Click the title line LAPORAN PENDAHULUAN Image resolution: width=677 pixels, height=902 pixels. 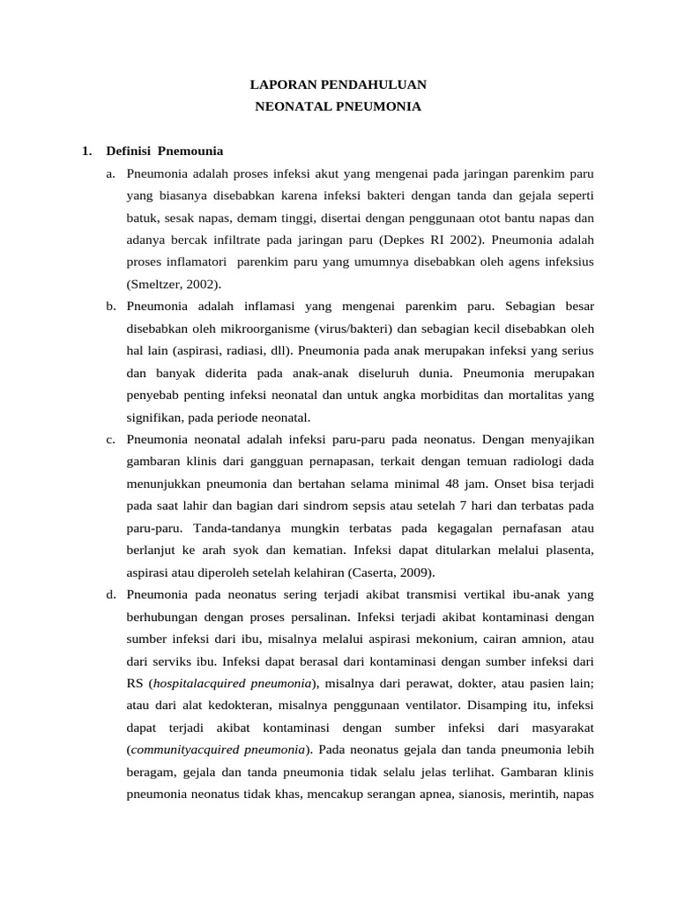(x=338, y=85)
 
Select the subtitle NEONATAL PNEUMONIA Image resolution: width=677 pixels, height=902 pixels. (x=338, y=107)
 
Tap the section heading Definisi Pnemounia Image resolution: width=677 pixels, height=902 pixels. (x=164, y=151)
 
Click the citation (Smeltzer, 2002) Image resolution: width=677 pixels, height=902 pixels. (x=175, y=284)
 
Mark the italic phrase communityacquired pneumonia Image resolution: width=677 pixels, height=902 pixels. (x=219, y=750)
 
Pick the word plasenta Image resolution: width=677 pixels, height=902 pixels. (x=569, y=550)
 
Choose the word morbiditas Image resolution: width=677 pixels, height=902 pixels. (x=421, y=395)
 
